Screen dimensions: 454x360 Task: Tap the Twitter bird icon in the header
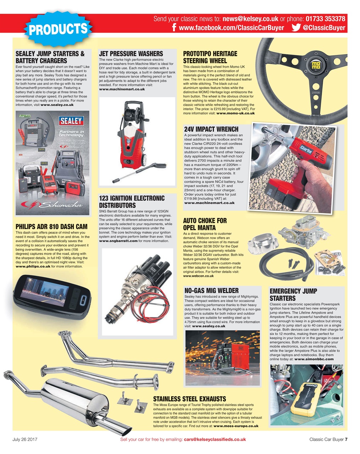[296, 28]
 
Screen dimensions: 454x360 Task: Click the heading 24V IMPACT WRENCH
[211, 129]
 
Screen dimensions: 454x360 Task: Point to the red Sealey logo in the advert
[71, 121]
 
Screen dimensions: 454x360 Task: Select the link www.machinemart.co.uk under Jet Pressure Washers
[122, 89]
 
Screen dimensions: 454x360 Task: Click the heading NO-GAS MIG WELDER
[212, 291]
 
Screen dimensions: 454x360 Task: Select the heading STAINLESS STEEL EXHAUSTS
[189, 399]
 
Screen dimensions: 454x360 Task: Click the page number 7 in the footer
[346, 439]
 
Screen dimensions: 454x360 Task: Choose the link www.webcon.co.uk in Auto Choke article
[199, 276]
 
